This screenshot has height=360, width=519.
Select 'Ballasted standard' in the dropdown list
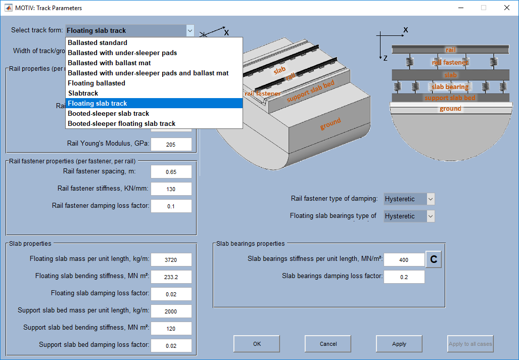(98, 43)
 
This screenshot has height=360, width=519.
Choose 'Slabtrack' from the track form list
(83, 94)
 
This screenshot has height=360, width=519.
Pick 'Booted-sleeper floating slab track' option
(122, 124)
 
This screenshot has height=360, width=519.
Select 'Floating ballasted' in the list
(97, 83)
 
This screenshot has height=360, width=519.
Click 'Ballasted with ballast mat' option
(110, 63)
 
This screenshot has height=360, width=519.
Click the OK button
(257, 344)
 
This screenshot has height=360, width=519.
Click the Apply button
(399, 344)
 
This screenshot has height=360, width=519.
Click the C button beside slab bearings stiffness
(434, 259)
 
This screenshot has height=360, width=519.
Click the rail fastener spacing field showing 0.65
(171, 172)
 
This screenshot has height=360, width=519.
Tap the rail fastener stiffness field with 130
(171, 189)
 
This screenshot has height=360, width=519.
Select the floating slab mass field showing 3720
(171, 260)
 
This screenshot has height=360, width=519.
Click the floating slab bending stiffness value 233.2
(171, 277)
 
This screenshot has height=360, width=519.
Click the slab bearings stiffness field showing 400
(404, 260)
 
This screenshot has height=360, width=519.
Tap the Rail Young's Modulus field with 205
(171, 145)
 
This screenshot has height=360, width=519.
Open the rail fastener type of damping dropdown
(409, 199)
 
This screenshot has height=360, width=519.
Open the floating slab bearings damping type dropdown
(409, 216)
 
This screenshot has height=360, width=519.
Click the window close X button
(507, 8)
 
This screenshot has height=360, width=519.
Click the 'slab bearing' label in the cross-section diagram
(450, 87)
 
